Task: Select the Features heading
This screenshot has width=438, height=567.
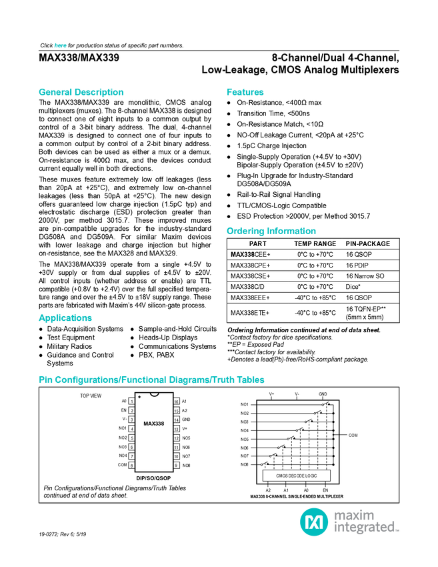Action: (x=245, y=93)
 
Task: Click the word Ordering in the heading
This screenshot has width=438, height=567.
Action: (x=245, y=231)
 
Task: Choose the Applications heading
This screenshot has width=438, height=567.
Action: (x=65, y=318)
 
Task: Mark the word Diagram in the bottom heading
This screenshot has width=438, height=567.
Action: (x=187, y=380)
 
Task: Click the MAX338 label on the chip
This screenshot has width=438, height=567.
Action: (x=154, y=424)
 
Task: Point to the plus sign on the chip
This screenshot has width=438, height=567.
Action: (x=139, y=398)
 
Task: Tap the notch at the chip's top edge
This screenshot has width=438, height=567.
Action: (x=155, y=394)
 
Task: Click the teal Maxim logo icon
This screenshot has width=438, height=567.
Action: (x=313, y=522)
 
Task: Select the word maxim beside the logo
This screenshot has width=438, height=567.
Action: (x=354, y=515)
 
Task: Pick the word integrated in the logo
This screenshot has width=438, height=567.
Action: (x=365, y=528)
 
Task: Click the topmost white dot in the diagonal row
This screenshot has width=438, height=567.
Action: (x=323, y=404)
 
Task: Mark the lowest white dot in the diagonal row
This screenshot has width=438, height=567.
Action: (x=261, y=464)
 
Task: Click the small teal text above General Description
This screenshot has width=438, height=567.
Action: (x=60, y=45)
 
